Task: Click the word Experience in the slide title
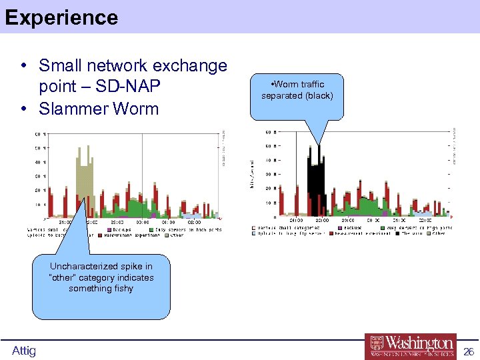61,17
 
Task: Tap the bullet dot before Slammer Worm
23,109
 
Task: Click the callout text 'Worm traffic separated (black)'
297,90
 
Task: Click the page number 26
468,351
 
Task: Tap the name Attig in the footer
24,351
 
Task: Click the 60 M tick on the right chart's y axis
271,131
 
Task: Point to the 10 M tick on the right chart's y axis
271,203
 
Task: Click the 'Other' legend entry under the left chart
177,235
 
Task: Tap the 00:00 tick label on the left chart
142,223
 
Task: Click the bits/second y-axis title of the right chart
252,173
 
